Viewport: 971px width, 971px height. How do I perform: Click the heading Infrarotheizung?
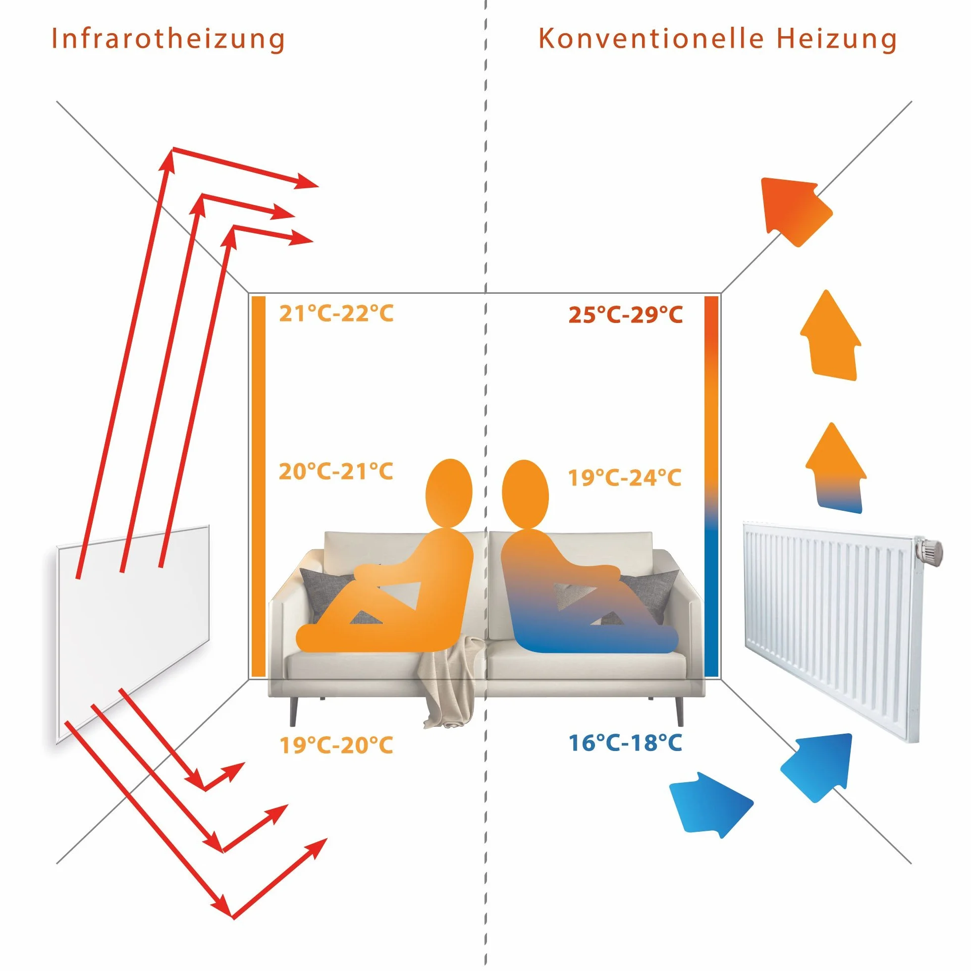pyautogui.click(x=168, y=39)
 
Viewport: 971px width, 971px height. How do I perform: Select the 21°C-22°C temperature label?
pyautogui.click(x=336, y=313)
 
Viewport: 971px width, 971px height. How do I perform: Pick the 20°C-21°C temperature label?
pyautogui.click(x=336, y=472)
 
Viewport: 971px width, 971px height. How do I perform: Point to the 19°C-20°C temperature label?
pyautogui.click(x=336, y=745)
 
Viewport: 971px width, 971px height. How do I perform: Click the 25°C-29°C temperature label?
pyautogui.click(x=626, y=315)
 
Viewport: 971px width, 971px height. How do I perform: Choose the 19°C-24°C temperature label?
pyautogui.click(x=625, y=478)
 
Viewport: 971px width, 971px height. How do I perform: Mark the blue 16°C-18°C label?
pyautogui.click(x=625, y=743)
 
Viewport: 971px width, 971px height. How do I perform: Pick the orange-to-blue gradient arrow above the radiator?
pyautogui.click(x=836, y=467)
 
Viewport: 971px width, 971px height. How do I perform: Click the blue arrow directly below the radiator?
pyautogui.click(x=818, y=767)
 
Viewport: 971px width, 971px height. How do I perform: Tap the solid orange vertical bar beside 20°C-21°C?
pyautogui.click(x=258, y=486)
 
